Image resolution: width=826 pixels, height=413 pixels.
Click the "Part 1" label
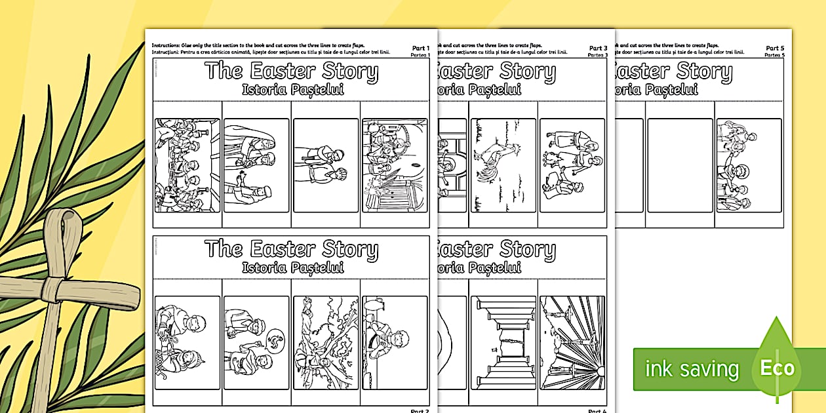pyautogui.click(x=420, y=48)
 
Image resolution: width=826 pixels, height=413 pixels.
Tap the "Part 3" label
pyautogui.click(x=597, y=48)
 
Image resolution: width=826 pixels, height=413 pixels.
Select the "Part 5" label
pyautogui.click(x=774, y=48)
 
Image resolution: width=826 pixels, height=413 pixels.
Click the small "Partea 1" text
pyautogui.click(x=420, y=56)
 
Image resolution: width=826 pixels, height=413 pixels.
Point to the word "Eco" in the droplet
pyautogui.click(x=777, y=368)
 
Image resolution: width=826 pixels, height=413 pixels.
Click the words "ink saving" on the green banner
pyautogui.click(x=692, y=369)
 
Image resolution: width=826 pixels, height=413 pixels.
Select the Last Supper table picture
pyautogui.click(x=187, y=165)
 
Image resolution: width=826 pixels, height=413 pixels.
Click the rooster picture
pyautogui.click(x=503, y=165)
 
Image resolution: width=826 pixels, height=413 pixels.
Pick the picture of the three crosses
pyautogui.click(x=572, y=343)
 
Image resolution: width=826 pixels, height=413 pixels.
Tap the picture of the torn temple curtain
pyautogui.click(x=503, y=343)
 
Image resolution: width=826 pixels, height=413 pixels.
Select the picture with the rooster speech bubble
pyautogui.click(x=256, y=343)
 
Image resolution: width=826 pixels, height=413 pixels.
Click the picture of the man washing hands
pyautogui.click(x=395, y=343)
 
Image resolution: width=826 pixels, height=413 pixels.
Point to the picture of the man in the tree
pyautogui.click(x=325, y=343)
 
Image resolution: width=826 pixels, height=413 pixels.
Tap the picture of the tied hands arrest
pyautogui.click(x=187, y=343)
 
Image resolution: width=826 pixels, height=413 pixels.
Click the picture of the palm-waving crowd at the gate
pyautogui.click(x=395, y=165)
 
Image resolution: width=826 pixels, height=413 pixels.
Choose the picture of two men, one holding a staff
pyautogui.click(x=325, y=165)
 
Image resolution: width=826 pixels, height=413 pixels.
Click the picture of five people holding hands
pyautogui.click(x=749, y=165)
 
